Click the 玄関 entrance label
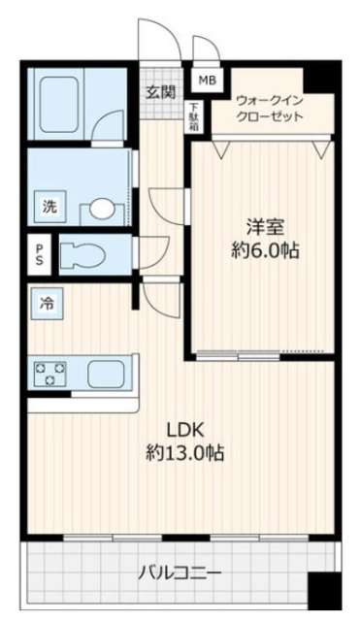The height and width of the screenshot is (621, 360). [x=160, y=93]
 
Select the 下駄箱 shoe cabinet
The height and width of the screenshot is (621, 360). [x=194, y=116]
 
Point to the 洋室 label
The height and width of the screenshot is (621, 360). [x=264, y=228]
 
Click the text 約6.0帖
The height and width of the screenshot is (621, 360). [x=264, y=250]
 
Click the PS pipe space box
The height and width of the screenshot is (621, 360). [x=39, y=255]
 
